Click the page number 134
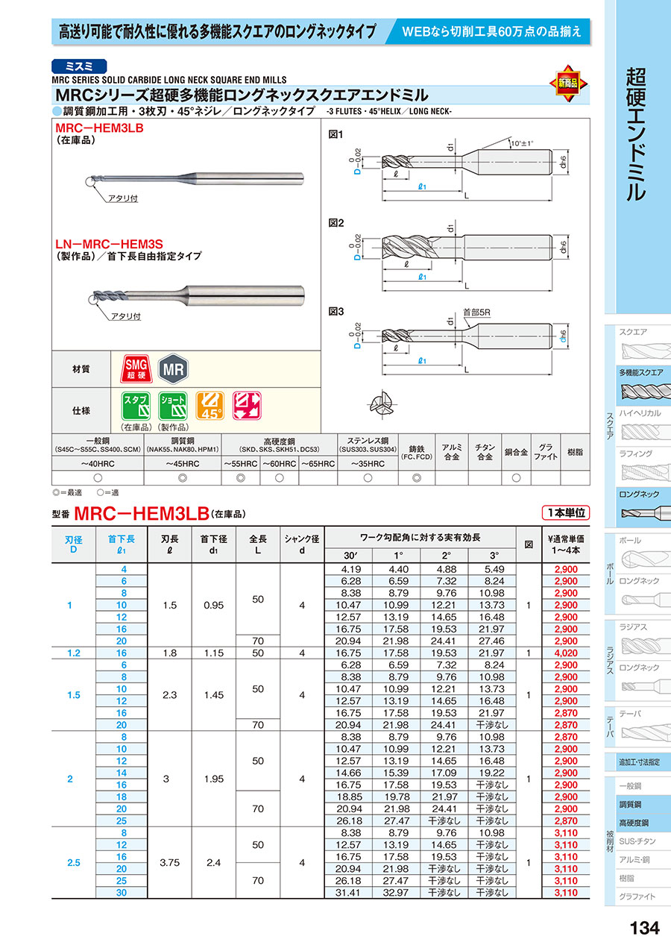[644, 929]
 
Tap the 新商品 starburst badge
[567, 83]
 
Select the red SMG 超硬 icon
[136, 368]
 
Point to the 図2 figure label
[337, 222]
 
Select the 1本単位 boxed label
[564, 512]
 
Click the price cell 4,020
[567, 653]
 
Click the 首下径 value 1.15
[213, 653]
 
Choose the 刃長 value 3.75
[170, 862]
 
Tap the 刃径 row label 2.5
[73, 862]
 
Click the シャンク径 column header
[302, 544]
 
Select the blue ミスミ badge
[80, 66]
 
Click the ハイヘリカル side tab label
[640, 412]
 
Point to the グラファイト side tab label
[637, 897]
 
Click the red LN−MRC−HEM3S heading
[110, 243]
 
